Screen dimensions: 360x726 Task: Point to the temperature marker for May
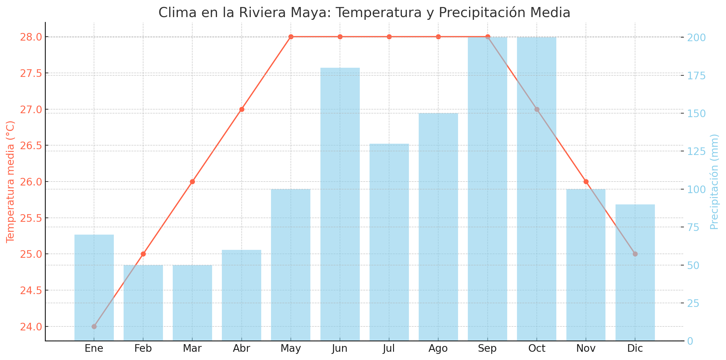click(291, 37)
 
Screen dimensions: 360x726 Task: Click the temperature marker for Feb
click(143, 254)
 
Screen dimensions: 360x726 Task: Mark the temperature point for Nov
click(586, 182)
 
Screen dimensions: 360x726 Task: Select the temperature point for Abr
click(242, 109)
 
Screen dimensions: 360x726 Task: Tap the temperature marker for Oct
click(537, 109)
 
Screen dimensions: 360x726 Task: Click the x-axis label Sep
click(487, 348)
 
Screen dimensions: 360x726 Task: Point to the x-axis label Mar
click(192, 348)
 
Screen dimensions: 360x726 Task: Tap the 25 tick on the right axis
click(694, 303)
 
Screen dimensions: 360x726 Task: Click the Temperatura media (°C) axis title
click(10, 182)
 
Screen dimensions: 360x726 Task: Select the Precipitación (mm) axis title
click(714, 182)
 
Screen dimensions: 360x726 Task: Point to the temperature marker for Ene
click(94, 326)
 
